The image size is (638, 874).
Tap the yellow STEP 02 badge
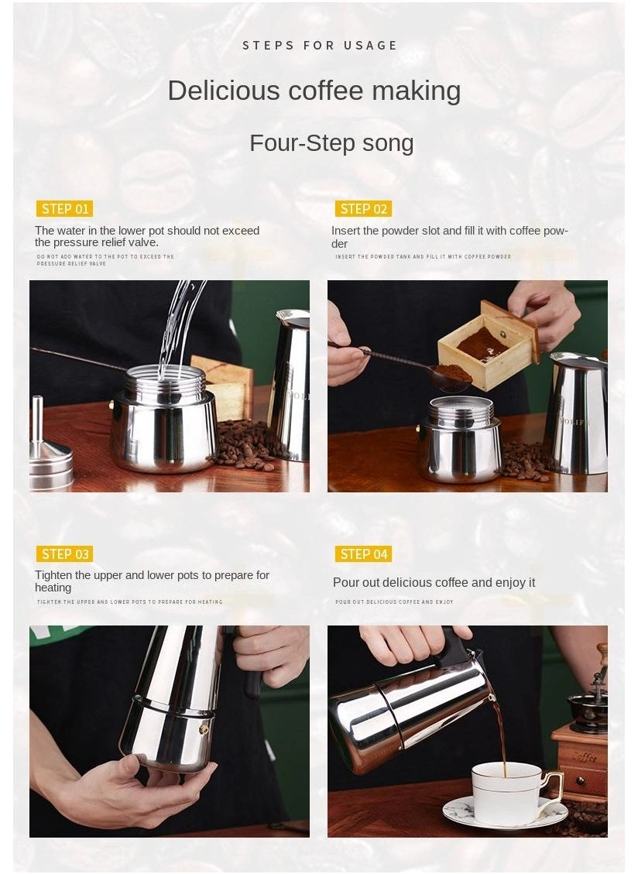tap(363, 209)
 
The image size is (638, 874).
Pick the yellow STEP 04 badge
tap(363, 554)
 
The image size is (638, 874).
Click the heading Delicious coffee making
tap(314, 91)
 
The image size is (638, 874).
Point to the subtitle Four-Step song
tap(331, 143)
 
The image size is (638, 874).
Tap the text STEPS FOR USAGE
tap(320, 46)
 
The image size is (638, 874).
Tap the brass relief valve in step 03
tap(204, 729)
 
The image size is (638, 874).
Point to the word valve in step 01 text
tap(144, 243)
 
